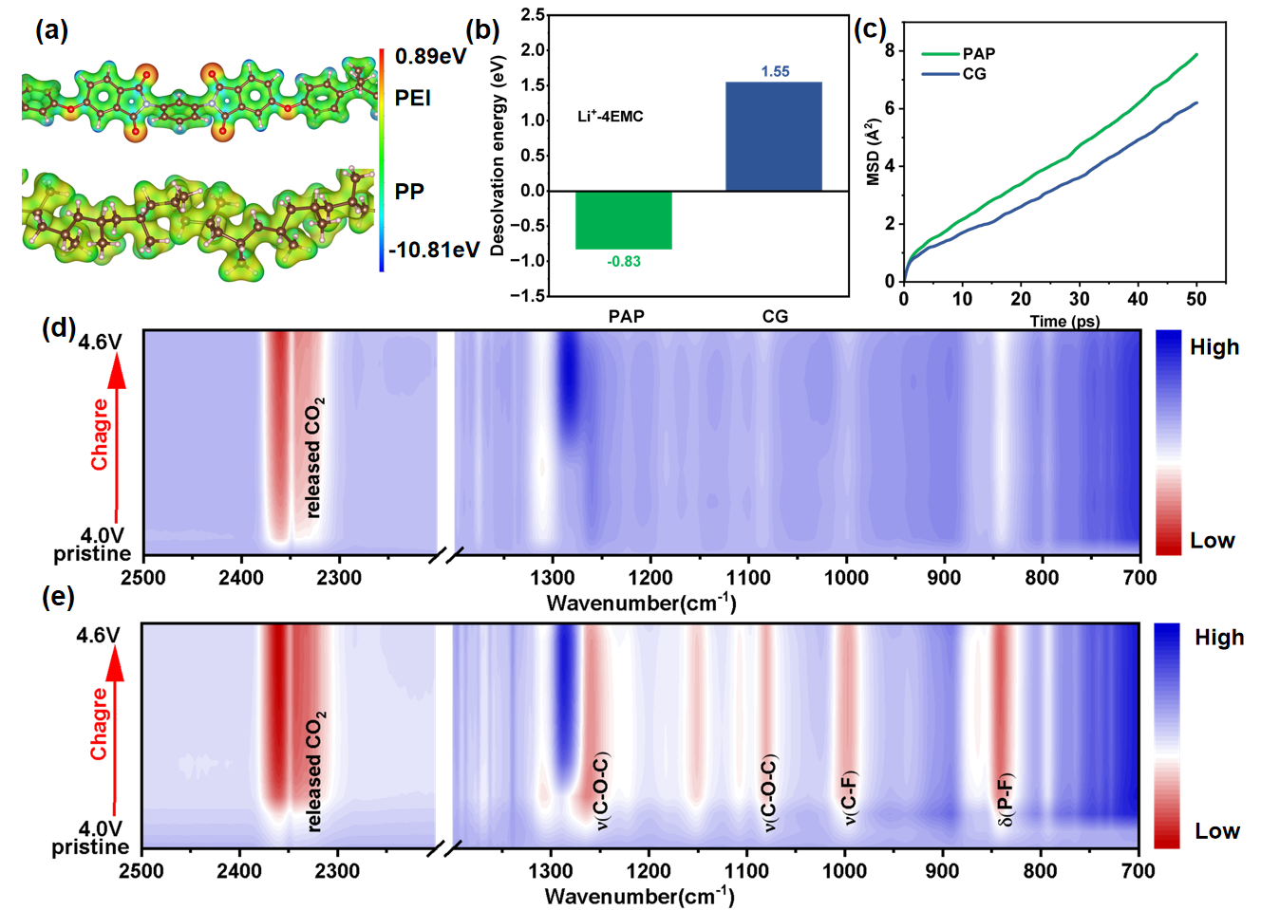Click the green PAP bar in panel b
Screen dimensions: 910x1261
pos(624,220)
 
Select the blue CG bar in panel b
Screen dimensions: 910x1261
pos(774,137)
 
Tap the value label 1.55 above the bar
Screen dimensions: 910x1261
pos(775,71)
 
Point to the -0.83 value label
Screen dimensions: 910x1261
pos(624,261)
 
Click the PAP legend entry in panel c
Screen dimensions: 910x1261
pos(978,54)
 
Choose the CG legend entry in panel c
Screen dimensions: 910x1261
pos(974,73)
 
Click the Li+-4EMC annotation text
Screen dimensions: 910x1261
pos(611,117)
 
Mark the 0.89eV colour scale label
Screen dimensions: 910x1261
pos(430,56)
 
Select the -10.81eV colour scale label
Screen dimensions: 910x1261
pos(434,250)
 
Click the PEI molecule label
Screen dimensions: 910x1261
pos(413,99)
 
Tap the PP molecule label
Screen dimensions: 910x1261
pos(409,192)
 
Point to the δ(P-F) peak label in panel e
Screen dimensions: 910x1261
pos(1006,800)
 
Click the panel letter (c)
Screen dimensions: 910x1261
pos(870,28)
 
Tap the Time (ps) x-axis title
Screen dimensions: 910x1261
pos(1064,321)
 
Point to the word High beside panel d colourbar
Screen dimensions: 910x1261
pos(1214,347)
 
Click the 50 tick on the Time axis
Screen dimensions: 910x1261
pos(1195,299)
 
